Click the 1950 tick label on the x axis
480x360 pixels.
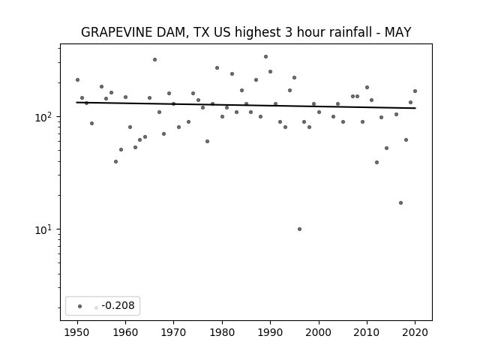pos(77,332)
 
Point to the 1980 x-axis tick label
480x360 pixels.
pos(222,332)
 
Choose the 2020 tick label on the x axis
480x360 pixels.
pos(415,332)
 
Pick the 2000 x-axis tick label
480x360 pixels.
pos(319,332)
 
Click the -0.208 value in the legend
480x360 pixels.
pos(118,305)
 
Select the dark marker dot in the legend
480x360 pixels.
pos(80,306)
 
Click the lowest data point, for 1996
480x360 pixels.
pos(299,229)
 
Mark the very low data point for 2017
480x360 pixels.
pos(400,203)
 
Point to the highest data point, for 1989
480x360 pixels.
pos(265,57)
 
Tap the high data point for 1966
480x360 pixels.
pos(154,60)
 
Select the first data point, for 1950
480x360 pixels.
pos(77,80)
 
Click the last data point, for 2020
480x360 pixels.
pos(415,91)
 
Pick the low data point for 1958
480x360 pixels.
pos(115,162)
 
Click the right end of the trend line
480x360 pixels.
pos(415,108)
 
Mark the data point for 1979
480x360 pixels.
pos(217,68)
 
